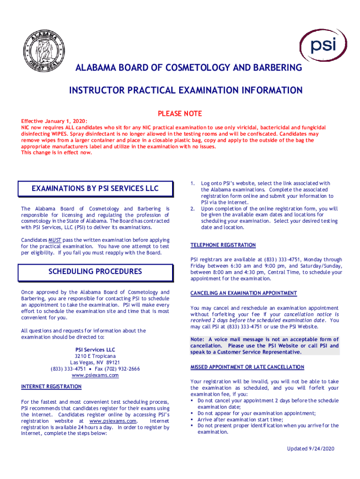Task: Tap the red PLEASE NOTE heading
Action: point(180,114)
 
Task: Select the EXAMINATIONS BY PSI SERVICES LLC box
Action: point(95,189)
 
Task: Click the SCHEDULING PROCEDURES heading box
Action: point(95,271)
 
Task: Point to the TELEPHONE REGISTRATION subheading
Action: point(223,245)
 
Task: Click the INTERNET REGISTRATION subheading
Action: point(51,386)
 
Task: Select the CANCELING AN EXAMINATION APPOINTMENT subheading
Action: point(244,293)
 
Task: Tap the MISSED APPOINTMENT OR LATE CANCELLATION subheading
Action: point(247,367)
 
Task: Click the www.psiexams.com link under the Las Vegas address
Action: point(95,375)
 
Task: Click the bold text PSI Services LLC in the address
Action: point(95,349)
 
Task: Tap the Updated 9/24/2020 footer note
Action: point(311,449)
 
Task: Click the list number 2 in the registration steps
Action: point(192,209)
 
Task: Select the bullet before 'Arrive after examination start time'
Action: point(192,420)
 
